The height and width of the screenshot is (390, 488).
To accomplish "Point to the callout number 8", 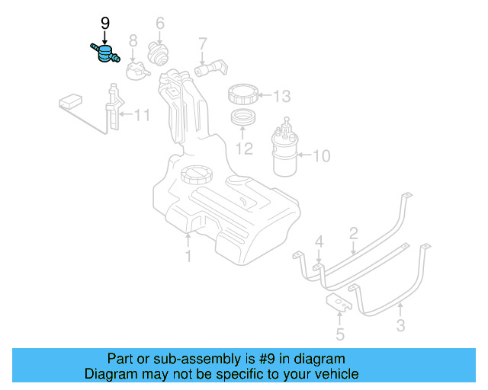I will (x=133, y=40).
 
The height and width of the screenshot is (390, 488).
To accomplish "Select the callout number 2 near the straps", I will (x=353, y=232).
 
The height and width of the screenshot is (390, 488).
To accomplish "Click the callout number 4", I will (x=319, y=242).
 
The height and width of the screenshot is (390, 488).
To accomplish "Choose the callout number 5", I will (x=339, y=334).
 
